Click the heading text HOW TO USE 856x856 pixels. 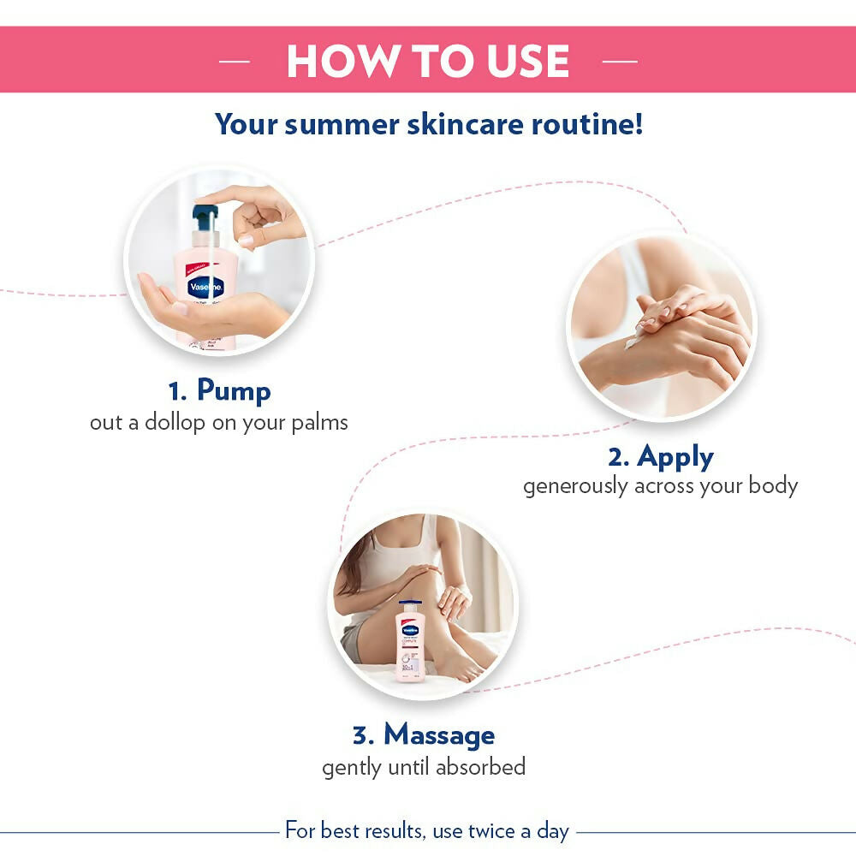coord(427,61)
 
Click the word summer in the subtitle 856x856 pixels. coord(341,124)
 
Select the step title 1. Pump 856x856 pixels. coord(219,391)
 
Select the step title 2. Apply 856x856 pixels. coord(660,456)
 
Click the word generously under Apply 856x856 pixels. coord(576,486)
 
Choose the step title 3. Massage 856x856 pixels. coord(424,734)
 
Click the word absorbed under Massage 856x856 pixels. coord(480,766)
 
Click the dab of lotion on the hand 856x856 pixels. coord(633,341)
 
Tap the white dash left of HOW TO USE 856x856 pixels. coord(235,62)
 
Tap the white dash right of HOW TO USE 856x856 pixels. coord(620,62)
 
